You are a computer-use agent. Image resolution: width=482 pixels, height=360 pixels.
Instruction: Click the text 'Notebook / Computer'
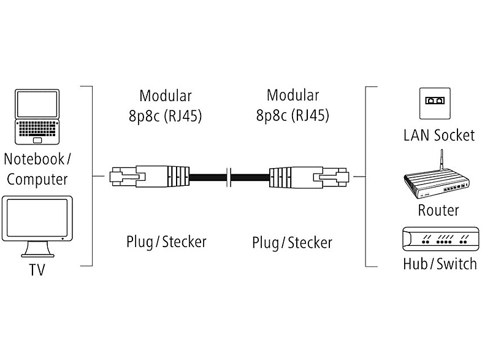click(37, 170)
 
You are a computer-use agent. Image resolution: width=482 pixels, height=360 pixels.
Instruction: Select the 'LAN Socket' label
click(438, 135)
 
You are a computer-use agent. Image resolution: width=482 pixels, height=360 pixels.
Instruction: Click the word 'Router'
click(438, 210)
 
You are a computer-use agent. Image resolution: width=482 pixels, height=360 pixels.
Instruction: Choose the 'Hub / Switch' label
click(439, 264)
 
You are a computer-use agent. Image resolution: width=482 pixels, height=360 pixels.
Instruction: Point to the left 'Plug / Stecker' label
click(166, 242)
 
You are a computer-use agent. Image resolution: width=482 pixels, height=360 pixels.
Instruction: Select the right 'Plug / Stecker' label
click(292, 242)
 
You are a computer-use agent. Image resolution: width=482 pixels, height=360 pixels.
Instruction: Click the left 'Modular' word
click(166, 96)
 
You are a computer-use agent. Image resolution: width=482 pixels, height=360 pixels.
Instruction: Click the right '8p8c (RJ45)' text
click(293, 115)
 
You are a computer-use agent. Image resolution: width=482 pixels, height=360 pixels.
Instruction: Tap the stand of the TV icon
click(36, 250)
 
